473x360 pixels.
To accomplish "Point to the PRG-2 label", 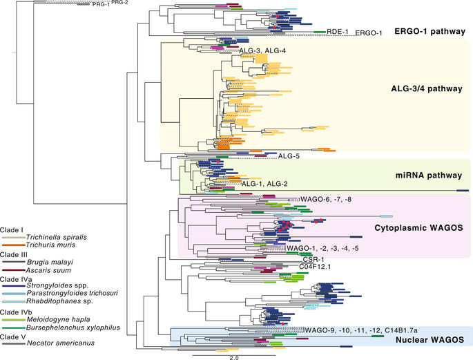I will (119, 3).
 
